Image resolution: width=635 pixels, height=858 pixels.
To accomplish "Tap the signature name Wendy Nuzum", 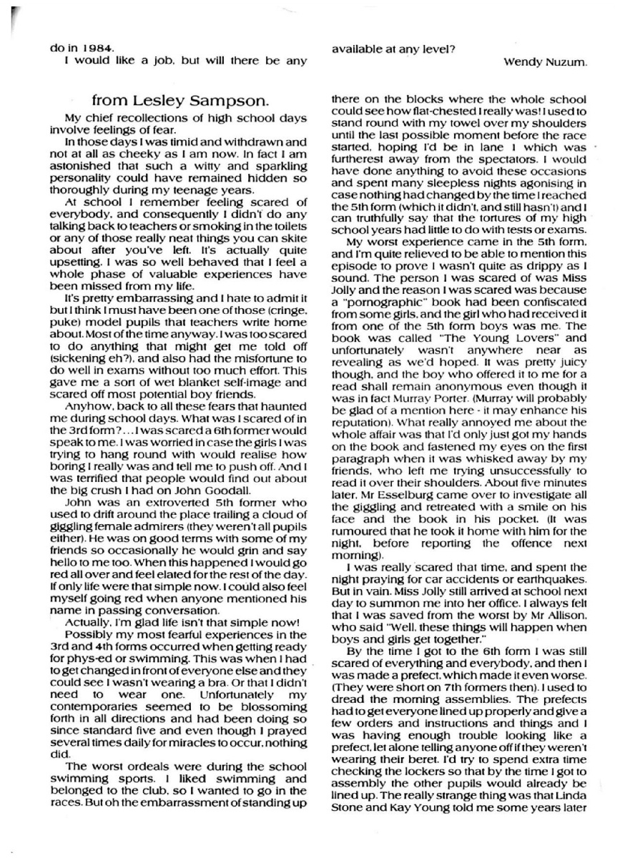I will pos(546,61).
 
